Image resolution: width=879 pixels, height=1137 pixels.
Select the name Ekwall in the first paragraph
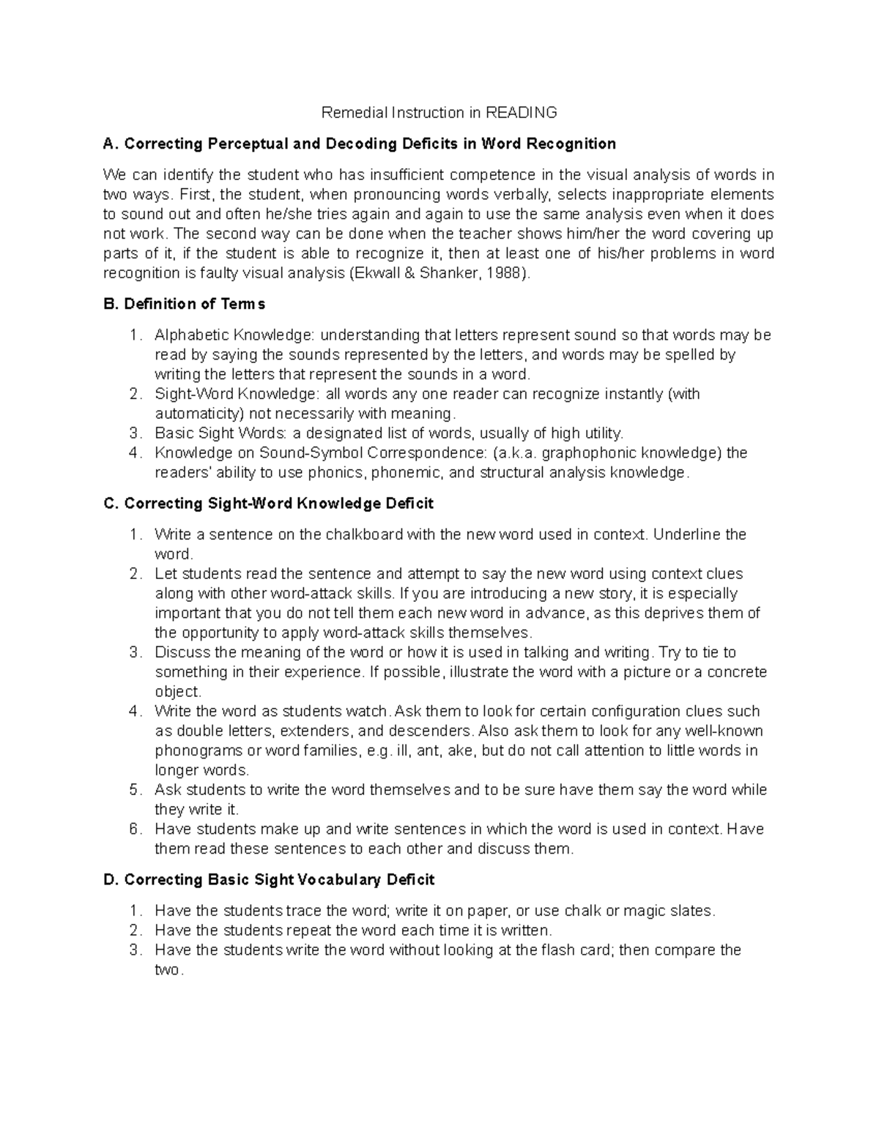(x=379, y=273)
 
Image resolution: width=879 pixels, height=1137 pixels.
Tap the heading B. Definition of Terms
(x=185, y=304)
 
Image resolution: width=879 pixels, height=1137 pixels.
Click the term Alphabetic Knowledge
(x=234, y=335)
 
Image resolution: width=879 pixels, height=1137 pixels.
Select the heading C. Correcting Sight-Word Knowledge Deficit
(x=269, y=504)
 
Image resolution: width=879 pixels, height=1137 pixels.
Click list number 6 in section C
(x=134, y=830)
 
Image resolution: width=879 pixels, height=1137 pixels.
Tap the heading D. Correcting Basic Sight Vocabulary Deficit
(x=270, y=880)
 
